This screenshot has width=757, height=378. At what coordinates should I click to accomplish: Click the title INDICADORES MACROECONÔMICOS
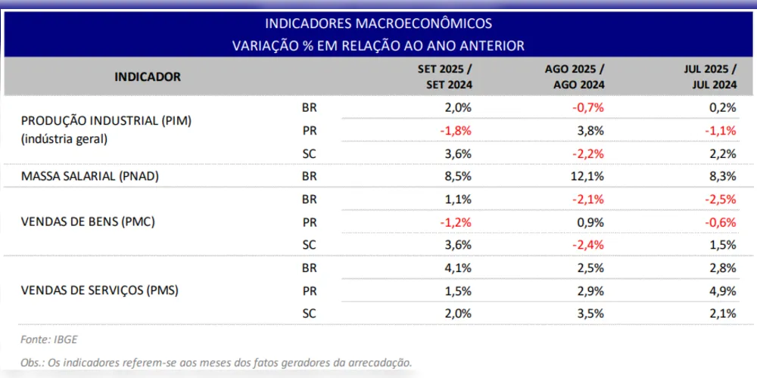point(378,23)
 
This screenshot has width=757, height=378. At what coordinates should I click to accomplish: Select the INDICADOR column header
point(148,76)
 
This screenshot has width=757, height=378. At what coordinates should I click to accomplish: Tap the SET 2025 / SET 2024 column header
point(446,76)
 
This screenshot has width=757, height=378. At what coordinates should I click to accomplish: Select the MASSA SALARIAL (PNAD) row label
point(92,176)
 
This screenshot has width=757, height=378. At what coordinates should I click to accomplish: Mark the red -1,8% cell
point(456,130)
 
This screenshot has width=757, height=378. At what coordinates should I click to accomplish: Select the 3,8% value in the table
point(590,130)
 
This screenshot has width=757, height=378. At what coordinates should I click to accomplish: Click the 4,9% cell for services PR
point(724,290)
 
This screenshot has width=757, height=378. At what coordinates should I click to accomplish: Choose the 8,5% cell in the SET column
point(459,176)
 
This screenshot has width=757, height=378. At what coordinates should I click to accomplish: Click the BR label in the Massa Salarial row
point(309,176)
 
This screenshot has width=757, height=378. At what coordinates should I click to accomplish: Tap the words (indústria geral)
point(64,138)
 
